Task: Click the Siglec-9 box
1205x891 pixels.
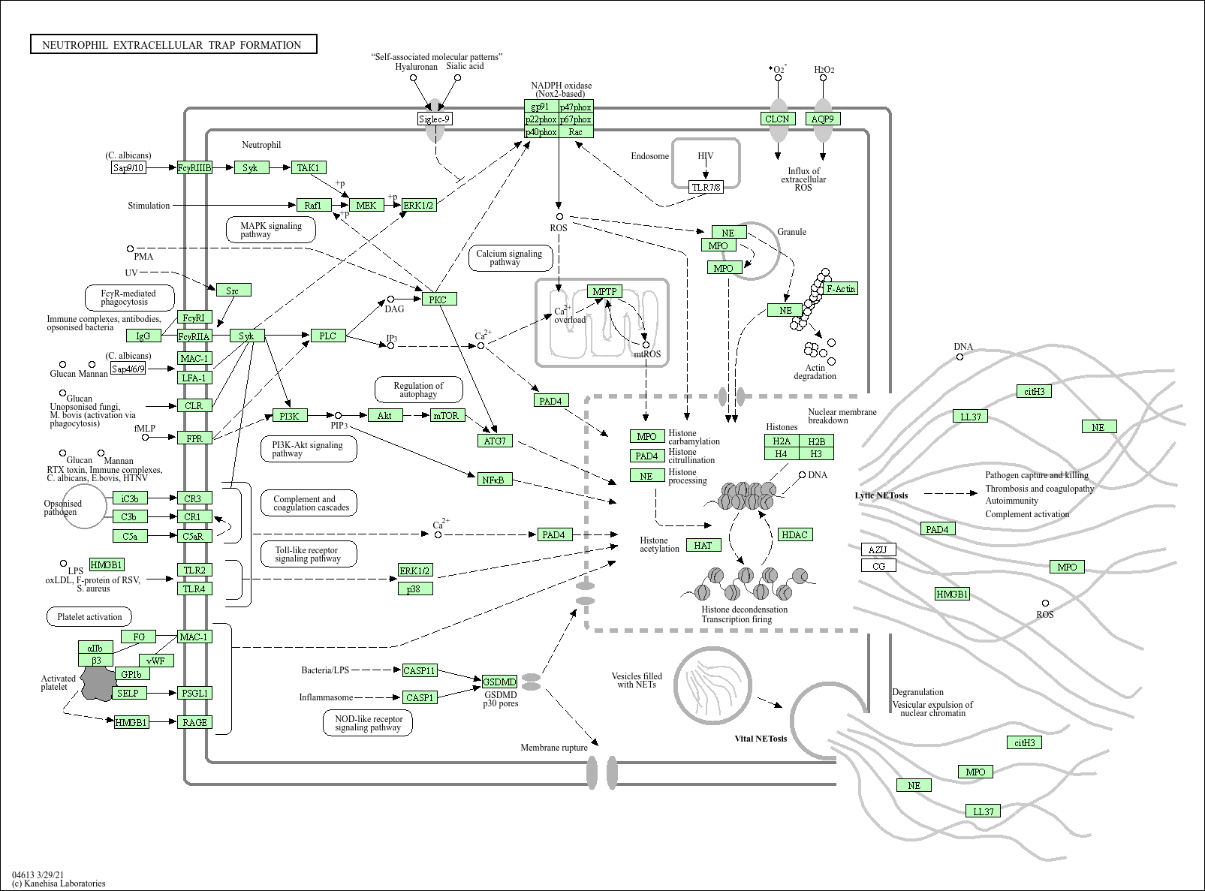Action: point(435,119)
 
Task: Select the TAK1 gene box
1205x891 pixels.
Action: point(309,167)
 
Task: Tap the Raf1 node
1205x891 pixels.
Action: point(314,205)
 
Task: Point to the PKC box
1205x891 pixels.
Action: point(438,300)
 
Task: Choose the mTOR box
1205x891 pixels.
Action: point(447,415)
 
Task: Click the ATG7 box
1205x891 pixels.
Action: point(495,441)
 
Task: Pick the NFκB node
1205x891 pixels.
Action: point(494,479)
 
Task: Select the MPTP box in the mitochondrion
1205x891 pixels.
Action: point(604,292)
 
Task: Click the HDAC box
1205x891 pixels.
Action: point(794,534)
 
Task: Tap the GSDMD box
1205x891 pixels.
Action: point(499,682)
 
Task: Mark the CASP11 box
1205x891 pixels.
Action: point(419,670)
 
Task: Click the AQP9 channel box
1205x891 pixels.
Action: point(823,119)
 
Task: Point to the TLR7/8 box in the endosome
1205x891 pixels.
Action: point(706,187)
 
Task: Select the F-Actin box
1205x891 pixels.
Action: point(840,288)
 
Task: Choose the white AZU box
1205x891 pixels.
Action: point(878,549)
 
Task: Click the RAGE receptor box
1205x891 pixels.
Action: point(194,722)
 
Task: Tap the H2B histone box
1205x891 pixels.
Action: point(816,441)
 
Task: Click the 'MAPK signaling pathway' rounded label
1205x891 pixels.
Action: point(271,230)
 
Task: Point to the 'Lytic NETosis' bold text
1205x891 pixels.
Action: point(881,495)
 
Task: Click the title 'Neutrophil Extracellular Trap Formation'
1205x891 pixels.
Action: point(173,45)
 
